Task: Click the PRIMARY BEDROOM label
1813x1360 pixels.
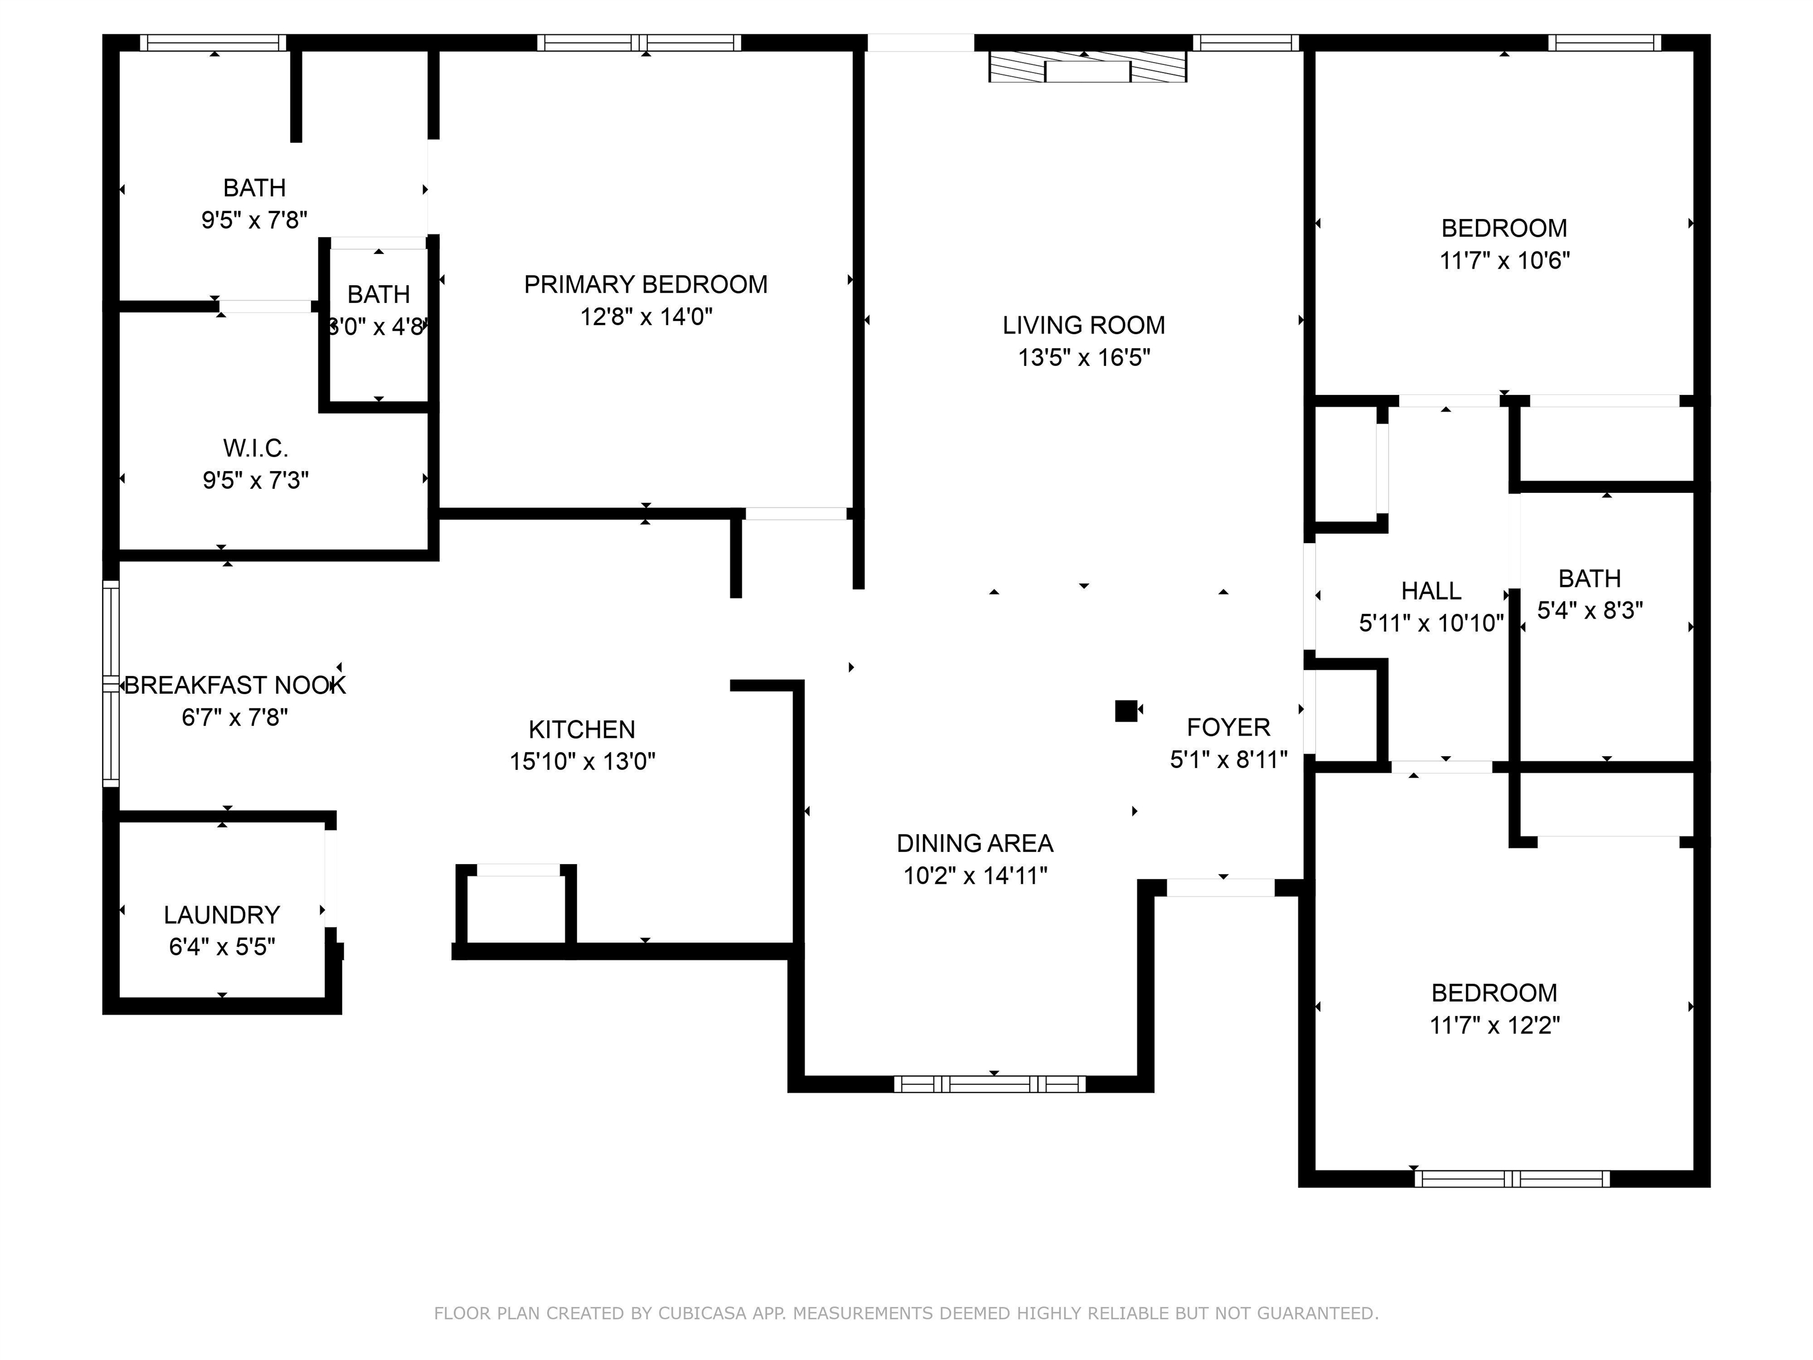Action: point(646,285)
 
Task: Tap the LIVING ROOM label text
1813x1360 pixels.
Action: point(1084,325)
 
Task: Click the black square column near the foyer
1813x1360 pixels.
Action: point(1126,711)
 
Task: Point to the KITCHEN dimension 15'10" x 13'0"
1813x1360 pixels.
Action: point(582,761)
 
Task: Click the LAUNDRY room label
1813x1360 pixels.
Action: point(222,915)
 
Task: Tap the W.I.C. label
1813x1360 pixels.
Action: point(256,449)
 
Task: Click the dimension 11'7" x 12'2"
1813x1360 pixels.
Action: point(1495,1025)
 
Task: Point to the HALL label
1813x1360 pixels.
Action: point(1431,591)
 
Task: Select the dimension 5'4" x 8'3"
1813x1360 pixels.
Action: point(1590,611)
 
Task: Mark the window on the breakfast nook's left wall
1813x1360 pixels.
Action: point(110,684)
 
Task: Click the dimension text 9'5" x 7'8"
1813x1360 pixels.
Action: point(255,220)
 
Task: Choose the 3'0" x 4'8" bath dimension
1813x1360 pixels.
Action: point(378,327)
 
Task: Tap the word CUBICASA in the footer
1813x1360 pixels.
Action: point(702,1313)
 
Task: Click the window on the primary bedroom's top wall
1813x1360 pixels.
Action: point(639,42)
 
